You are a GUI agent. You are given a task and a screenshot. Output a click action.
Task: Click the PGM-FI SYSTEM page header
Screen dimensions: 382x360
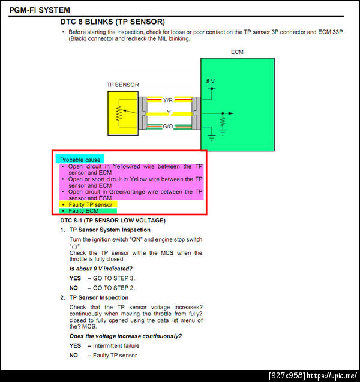point(39,10)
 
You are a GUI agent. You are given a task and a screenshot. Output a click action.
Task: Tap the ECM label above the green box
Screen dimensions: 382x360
point(238,52)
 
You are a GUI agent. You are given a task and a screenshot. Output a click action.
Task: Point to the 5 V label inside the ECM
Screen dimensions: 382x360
point(209,81)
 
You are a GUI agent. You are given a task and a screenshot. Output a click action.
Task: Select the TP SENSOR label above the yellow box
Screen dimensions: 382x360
point(122,85)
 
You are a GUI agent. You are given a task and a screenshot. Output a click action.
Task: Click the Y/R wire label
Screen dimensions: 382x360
point(167,100)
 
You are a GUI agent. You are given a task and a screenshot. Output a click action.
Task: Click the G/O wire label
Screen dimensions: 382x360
point(167,125)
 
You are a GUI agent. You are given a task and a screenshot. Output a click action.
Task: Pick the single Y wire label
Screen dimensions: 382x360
point(168,113)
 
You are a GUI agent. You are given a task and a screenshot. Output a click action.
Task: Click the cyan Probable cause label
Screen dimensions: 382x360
point(80,160)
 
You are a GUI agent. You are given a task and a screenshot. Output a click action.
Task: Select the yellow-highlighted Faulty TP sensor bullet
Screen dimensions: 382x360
point(89,204)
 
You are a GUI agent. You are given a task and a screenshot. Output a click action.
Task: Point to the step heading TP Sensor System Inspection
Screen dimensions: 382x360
point(110,230)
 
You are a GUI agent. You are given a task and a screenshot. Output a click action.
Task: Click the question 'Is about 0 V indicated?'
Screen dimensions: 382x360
point(101,269)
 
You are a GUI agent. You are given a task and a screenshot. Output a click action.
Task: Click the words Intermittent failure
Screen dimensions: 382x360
point(116,346)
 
